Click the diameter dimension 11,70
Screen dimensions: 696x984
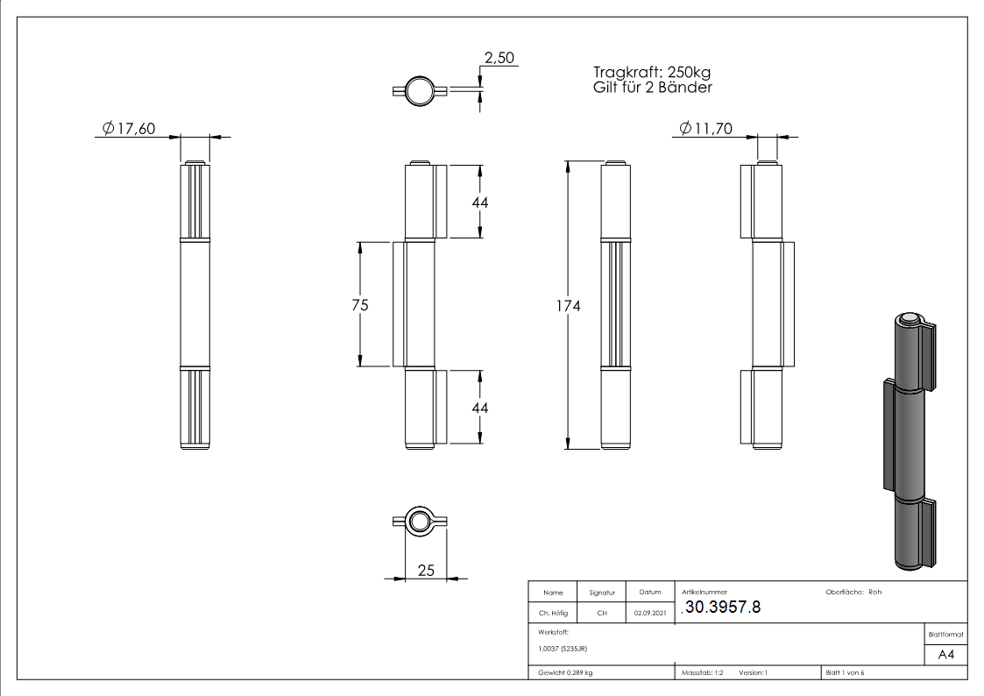click(706, 129)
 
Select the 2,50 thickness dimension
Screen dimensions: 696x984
click(499, 59)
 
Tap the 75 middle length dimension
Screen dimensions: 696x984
click(359, 305)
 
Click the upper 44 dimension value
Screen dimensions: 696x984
click(479, 202)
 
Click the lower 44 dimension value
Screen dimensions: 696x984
click(479, 408)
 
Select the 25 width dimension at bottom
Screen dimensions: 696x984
click(426, 571)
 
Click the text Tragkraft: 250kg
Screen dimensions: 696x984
click(651, 73)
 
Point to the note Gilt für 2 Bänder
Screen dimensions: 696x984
click(652, 88)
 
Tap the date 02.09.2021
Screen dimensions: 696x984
click(649, 614)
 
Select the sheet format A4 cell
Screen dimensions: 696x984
click(945, 655)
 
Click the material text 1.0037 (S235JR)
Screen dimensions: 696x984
click(563, 649)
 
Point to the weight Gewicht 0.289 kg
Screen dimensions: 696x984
click(565, 673)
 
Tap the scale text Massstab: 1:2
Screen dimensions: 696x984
click(703, 673)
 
